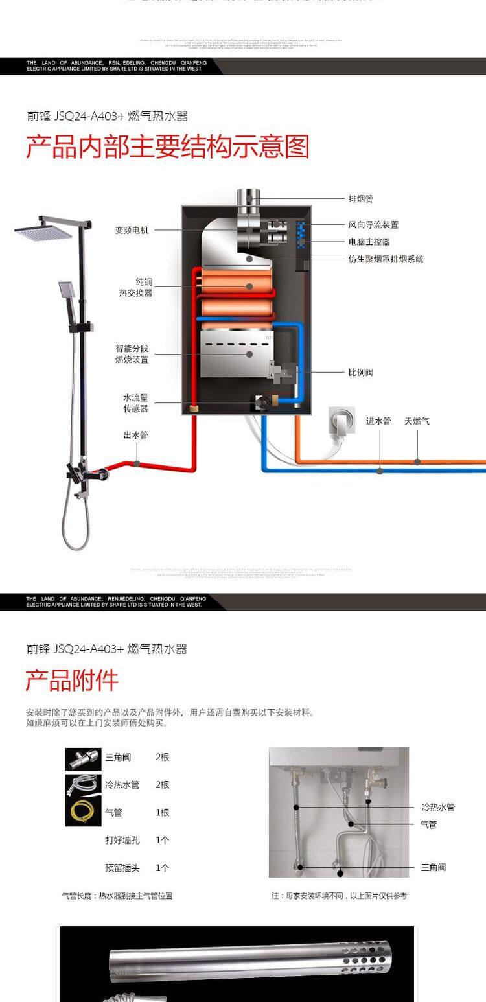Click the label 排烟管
(x=360, y=199)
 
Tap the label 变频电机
(x=132, y=230)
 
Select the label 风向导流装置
(x=373, y=225)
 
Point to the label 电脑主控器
(x=369, y=242)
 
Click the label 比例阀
(x=360, y=373)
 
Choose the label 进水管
(x=378, y=421)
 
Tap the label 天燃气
(x=417, y=421)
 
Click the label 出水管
(x=135, y=436)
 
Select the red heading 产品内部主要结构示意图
(x=167, y=147)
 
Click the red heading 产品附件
(x=72, y=681)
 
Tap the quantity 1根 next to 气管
(x=162, y=812)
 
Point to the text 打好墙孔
(x=122, y=840)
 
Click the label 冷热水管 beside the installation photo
(x=438, y=808)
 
